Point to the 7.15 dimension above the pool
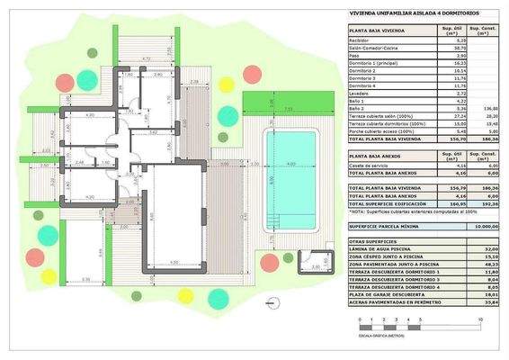coord(288,111)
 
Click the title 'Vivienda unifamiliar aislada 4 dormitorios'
coord(408,13)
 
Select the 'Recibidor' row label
coord(362,40)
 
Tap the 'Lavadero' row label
coord(362,93)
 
